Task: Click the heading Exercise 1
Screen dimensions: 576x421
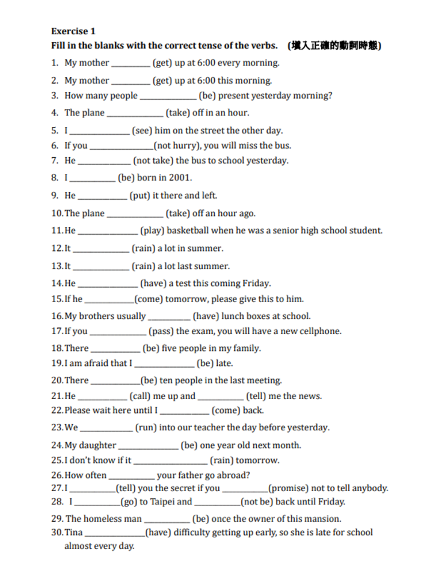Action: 73,31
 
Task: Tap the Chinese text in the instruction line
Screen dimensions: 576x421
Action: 334,46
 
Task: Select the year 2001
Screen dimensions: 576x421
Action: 179,178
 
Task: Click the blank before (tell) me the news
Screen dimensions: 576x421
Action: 221,397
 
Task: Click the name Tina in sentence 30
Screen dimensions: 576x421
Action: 73,533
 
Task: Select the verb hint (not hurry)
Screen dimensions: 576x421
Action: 177,146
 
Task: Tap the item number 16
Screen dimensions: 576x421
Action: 57,316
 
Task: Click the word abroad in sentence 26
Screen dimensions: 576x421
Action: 236,475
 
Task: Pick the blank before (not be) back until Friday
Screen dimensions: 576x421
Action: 217,503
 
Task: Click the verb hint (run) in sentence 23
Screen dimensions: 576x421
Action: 146,428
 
